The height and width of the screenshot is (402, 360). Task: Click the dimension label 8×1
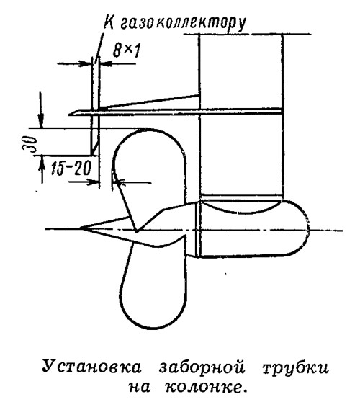(x=126, y=50)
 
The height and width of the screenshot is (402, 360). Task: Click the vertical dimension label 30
(x=30, y=144)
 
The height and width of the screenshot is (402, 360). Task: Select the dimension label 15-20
(x=71, y=169)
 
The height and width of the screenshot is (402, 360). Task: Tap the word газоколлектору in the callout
(x=183, y=24)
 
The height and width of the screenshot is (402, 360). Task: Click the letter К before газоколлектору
(x=109, y=22)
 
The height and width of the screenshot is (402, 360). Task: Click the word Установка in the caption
(x=91, y=367)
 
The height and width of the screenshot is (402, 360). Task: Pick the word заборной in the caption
(x=202, y=366)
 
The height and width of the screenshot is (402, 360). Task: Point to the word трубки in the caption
(x=295, y=368)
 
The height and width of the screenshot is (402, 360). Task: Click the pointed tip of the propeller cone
(x=81, y=228)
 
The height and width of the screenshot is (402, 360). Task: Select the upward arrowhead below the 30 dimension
(x=42, y=163)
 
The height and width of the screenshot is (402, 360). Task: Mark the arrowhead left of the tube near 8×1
(x=86, y=63)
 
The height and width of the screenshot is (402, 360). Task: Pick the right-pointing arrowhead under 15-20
(x=93, y=182)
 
